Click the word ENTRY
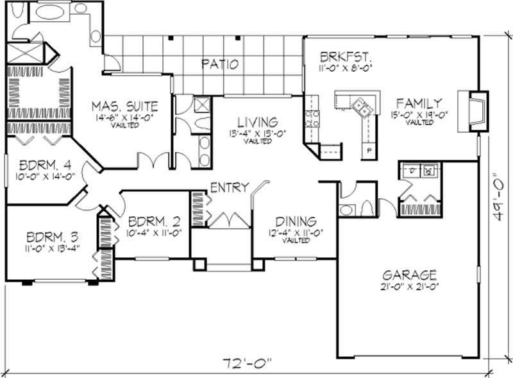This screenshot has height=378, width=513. [228, 187]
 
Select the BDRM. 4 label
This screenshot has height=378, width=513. [39, 162]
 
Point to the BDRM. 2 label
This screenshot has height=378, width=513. [154, 221]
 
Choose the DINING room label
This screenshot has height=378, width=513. [292, 221]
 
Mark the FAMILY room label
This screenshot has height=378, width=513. [418, 103]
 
